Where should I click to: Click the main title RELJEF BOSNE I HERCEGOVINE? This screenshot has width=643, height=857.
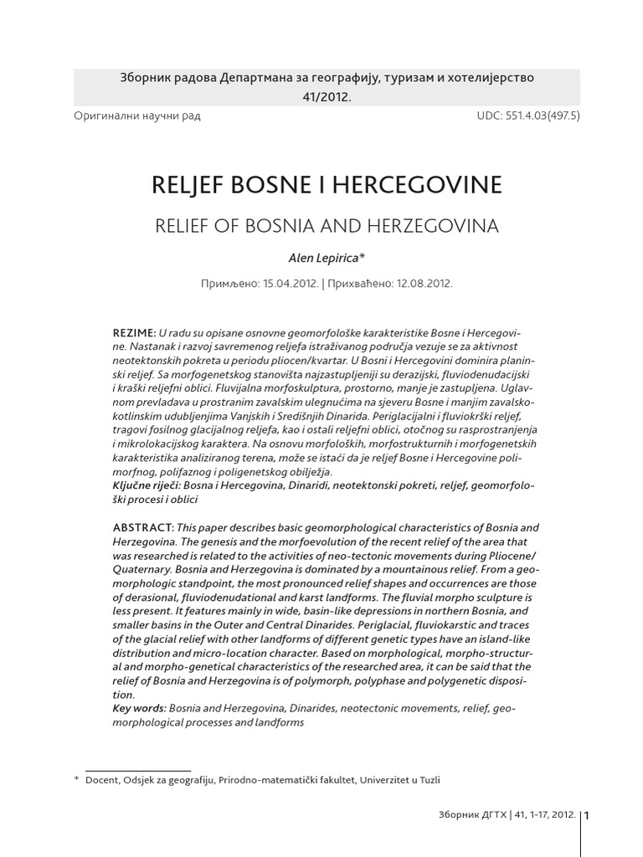coord(327,185)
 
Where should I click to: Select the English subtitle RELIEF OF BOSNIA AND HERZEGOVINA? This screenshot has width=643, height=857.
coord(327,226)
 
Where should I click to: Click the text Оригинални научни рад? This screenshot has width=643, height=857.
coord(137,115)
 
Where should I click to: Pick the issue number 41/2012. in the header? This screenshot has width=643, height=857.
coord(327,96)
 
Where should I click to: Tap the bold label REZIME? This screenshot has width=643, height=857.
coord(134,333)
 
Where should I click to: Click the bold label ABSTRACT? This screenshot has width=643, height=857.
coord(143,527)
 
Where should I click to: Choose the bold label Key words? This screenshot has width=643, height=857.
coord(138,709)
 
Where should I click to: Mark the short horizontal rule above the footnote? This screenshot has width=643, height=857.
coord(138,770)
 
